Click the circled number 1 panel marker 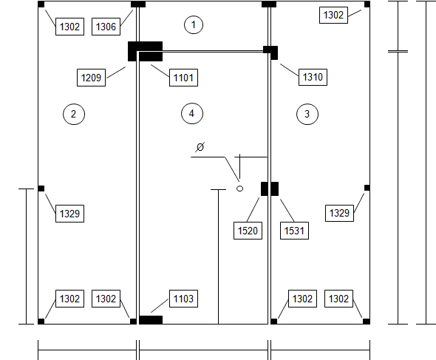click(x=194, y=24)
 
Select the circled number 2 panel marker click(x=74, y=114)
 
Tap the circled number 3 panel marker click(x=307, y=114)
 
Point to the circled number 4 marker click(x=192, y=114)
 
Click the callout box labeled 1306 click(x=106, y=27)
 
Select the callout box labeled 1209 click(x=91, y=78)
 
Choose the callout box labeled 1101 click(x=183, y=78)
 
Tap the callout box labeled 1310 click(x=313, y=77)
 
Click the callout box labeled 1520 click(x=248, y=231)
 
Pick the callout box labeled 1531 click(x=294, y=231)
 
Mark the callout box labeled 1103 click(x=183, y=299)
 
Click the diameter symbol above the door click(x=200, y=147)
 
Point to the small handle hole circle click(x=239, y=189)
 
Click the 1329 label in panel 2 click(x=69, y=214)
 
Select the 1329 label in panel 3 click(x=339, y=213)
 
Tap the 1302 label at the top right click(x=334, y=15)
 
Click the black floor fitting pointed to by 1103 click(x=151, y=320)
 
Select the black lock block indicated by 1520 click(x=265, y=189)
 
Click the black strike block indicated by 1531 click(x=275, y=189)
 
